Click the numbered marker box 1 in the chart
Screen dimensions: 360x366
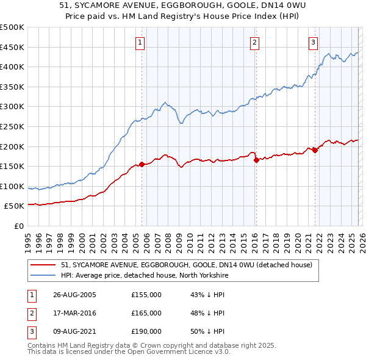(x=140, y=42)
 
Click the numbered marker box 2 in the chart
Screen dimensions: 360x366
(x=254, y=42)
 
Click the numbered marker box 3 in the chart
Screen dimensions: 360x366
(x=313, y=42)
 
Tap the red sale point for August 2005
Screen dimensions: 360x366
(x=142, y=164)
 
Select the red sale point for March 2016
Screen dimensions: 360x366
(x=256, y=160)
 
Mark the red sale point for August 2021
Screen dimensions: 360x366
(x=315, y=150)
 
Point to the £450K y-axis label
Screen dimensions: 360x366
(x=12, y=47)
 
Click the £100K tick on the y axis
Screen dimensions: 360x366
(x=12, y=187)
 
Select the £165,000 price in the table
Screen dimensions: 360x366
(x=146, y=313)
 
